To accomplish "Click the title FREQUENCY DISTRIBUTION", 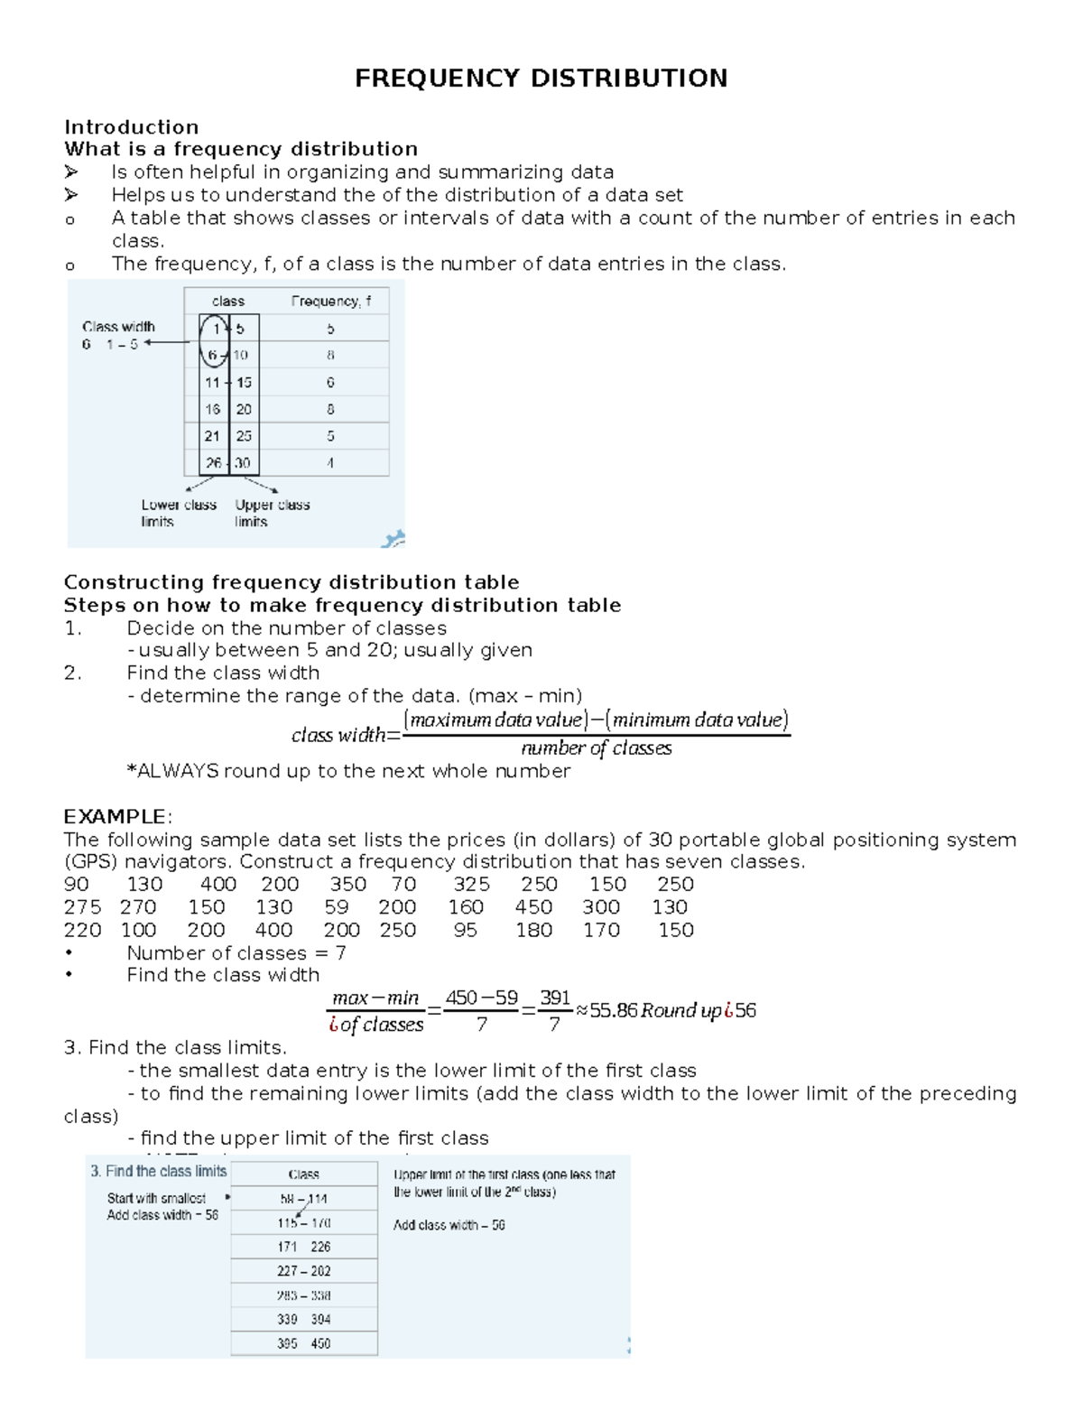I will click(x=541, y=79).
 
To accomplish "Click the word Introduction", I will click(x=131, y=127).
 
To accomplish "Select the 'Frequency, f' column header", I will click(x=330, y=302).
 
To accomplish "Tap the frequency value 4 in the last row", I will click(x=330, y=463).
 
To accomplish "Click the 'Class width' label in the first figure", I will click(x=118, y=327).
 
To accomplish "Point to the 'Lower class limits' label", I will click(x=178, y=513).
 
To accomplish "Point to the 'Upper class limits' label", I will click(x=272, y=513).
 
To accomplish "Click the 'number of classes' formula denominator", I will click(x=596, y=748).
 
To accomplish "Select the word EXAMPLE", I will click(x=115, y=817).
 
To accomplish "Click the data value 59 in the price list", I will click(x=337, y=907).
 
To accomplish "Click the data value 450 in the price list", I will click(x=533, y=907).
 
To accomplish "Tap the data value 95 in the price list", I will click(x=465, y=930).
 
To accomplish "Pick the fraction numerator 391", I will click(x=555, y=998).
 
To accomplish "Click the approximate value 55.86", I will click(x=613, y=1011).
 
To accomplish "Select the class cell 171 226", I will click(x=303, y=1247).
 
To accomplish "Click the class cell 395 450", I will click(x=303, y=1343).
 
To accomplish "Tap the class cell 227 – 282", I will click(x=303, y=1271).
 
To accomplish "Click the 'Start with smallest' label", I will click(x=156, y=1199).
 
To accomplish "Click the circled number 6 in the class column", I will click(x=212, y=355).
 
